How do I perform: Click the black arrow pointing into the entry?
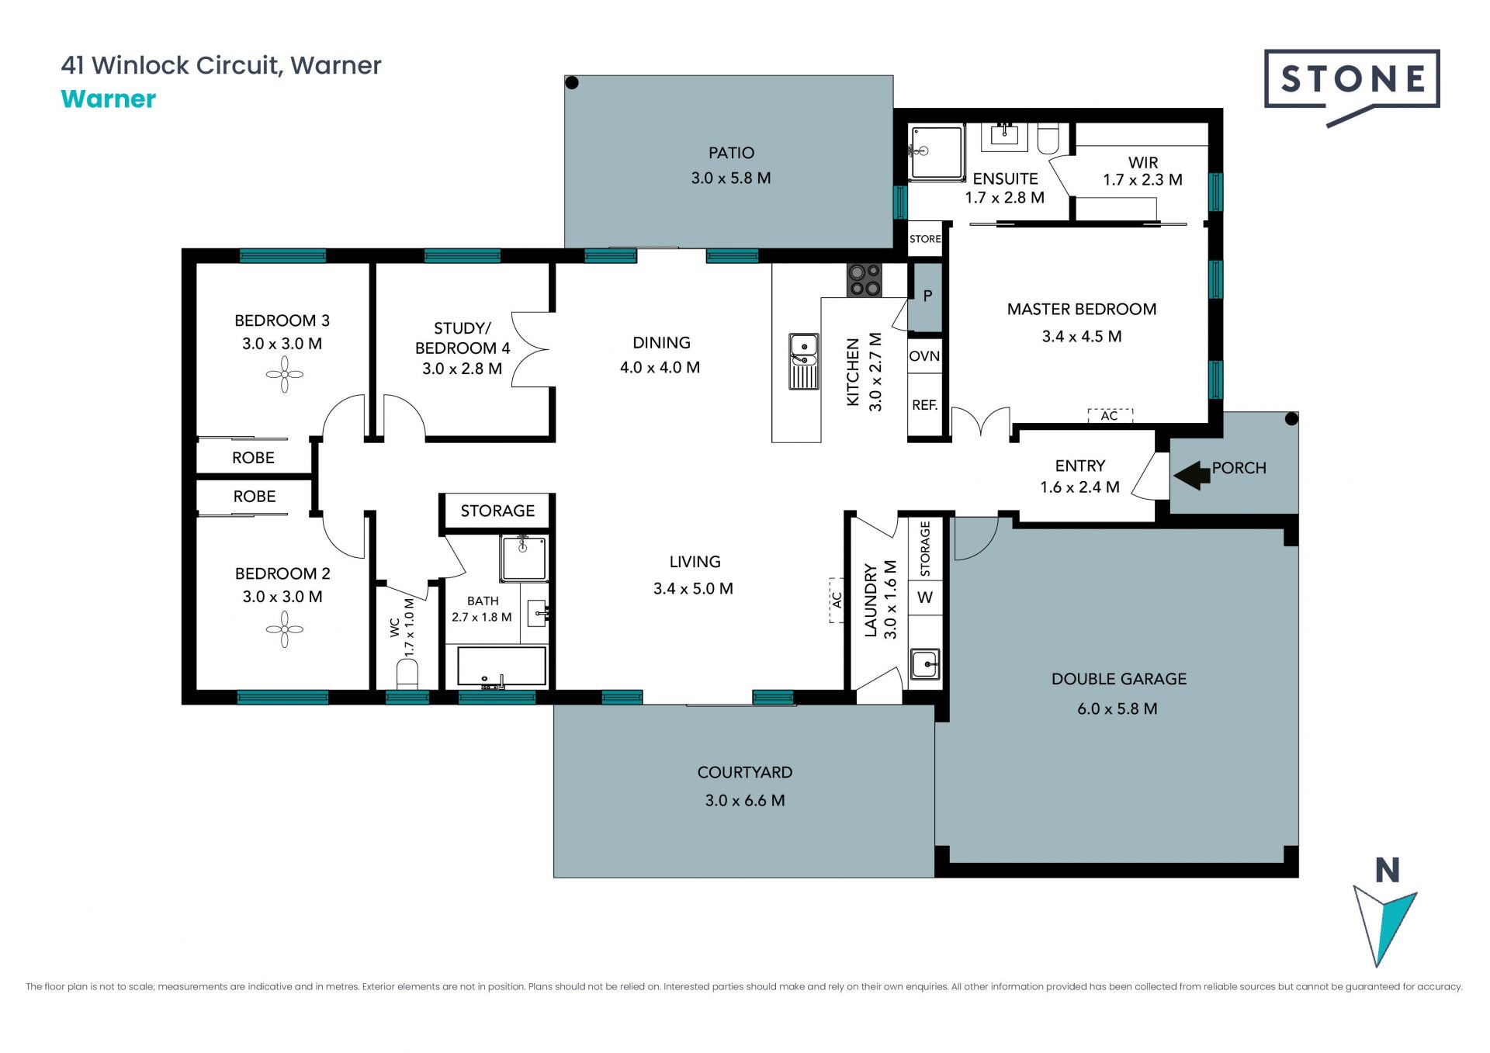coord(1192,474)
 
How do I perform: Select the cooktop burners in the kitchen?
coord(864,280)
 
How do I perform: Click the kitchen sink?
coord(804,361)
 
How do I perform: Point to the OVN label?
coord(924,356)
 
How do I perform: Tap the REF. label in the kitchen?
coord(924,405)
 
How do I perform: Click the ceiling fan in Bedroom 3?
coord(284,374)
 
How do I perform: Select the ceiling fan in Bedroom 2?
coord(284,629)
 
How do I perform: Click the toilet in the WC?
coord(407,674)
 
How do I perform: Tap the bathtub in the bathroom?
coord(501,667)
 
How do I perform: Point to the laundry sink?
coord(925,664)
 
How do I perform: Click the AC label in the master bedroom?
coord(1110,416)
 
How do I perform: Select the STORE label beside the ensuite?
coord(925,239)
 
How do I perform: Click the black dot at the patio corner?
coord(572,83)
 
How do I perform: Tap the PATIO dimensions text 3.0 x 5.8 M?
coord(731,178)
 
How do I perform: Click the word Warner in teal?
coord(109,99)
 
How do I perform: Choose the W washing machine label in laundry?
coord(925,598)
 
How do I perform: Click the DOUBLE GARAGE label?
coord(1119,679)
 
